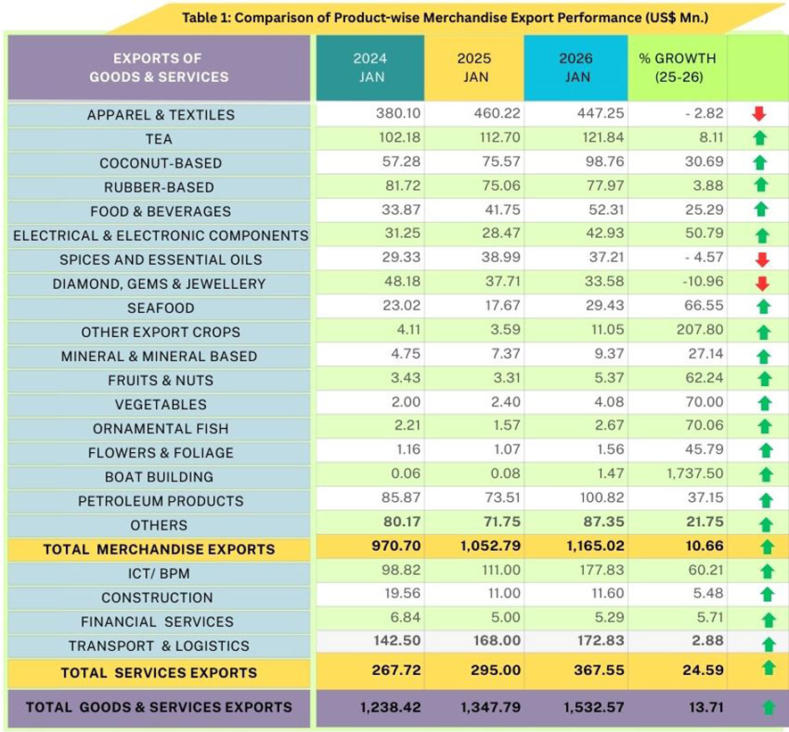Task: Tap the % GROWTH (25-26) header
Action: tap(678, 68)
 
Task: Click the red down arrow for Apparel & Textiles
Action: tap(759, 114)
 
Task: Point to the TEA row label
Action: tap(159, 139)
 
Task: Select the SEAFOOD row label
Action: tap(160, 308)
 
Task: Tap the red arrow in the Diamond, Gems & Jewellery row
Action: tap(760, 284)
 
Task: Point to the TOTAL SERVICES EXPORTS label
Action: tap(159, 672)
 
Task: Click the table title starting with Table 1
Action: tap(443, 17)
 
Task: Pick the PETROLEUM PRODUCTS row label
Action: tap(160, 501)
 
